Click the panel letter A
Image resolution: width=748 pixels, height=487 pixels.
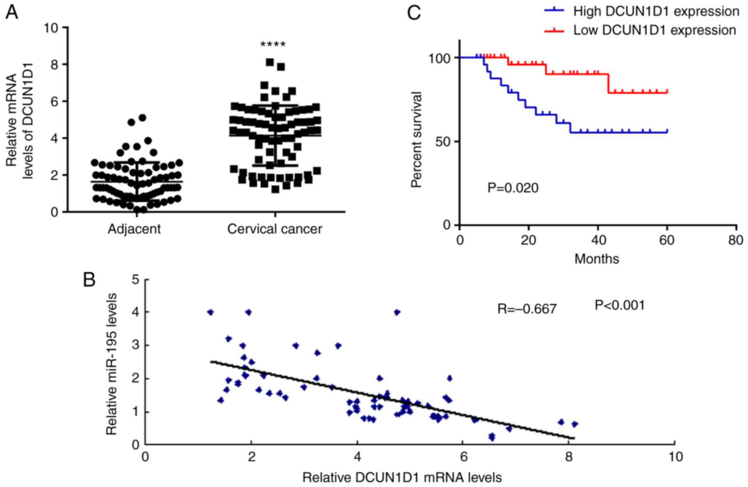coord(11,13)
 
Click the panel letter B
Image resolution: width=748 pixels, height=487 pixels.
coord(89,280)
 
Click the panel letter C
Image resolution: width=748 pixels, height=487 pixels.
coord(414,13)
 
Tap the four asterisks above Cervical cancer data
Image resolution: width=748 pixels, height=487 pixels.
coord(273,44)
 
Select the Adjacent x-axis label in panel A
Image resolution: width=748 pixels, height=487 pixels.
coord(134,229)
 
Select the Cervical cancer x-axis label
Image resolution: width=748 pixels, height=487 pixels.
coord(275,229)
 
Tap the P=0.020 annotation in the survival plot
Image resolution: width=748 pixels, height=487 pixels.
coord(513,188)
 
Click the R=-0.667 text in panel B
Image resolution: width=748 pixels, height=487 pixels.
coord(527,309)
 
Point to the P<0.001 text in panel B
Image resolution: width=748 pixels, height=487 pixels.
coord(620,305)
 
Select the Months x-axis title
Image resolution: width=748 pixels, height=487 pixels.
coord(596,259)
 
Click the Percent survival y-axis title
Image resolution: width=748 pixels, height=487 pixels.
coord(416,139)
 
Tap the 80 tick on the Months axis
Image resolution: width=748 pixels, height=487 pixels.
coord(736,240)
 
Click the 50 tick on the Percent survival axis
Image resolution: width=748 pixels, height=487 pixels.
coord(444,142)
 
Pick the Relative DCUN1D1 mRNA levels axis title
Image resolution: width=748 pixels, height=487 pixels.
coord(402,478)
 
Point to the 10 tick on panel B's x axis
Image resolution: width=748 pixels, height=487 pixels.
coord(675,457)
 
